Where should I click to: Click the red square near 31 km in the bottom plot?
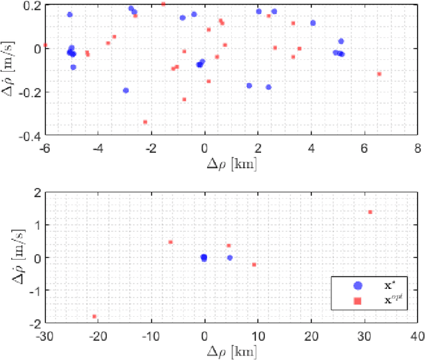[370, 212]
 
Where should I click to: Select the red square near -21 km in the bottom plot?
[94, 316]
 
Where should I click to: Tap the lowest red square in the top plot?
[145, 122]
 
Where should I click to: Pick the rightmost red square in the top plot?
[379, 74]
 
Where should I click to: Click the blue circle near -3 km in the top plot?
[126, 90]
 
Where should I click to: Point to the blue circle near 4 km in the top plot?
[313, 23]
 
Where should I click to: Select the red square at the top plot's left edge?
[45, 45]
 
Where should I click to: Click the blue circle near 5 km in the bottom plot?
[230, 258]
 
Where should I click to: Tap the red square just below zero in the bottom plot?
[254, 264]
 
